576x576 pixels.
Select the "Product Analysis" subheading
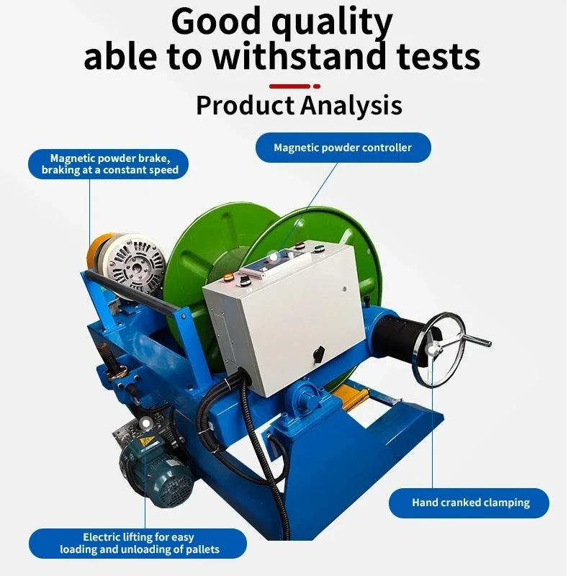click(299, 106)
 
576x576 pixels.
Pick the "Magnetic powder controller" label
click(343, 148)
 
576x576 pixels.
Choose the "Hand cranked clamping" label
click(470, 503)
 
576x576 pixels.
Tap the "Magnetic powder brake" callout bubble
click(109, 163)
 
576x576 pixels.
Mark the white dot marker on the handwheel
click(433, 350)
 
